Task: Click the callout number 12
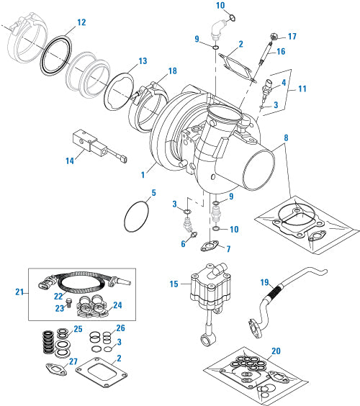click(81, 22)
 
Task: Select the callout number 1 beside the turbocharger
click(144, 173)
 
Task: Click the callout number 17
click(292, 36)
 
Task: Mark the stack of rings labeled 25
click(48, 341)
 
